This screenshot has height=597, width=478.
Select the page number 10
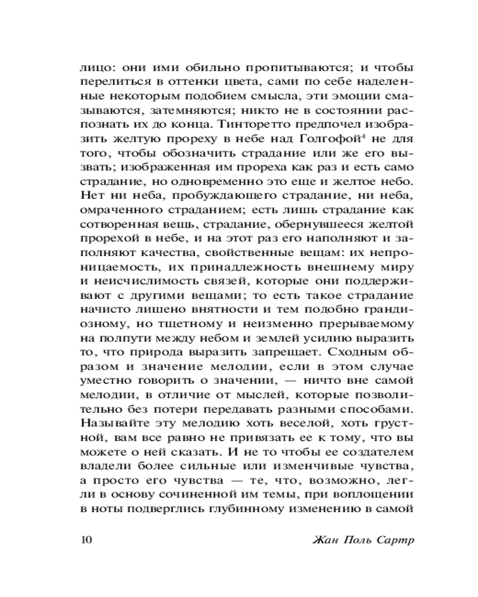85,541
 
